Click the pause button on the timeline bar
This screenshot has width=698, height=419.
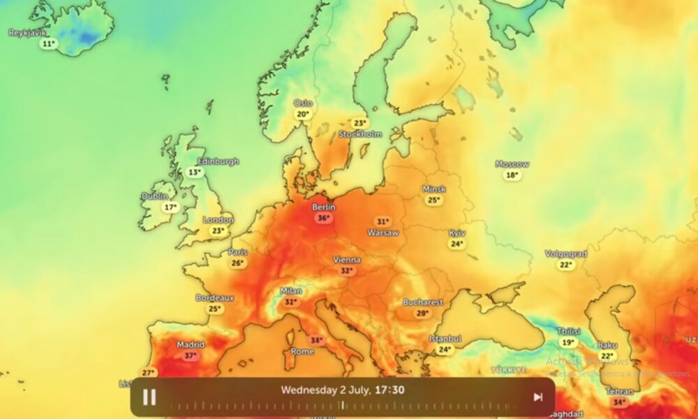coord(149,397)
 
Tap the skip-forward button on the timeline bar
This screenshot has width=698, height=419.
coord(537,397)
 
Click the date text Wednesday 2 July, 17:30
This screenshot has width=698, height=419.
coord(342,390)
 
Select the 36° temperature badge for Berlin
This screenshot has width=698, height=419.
coord(323,218)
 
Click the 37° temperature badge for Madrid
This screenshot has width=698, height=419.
coord(190,355)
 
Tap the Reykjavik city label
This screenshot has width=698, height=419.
coord(27,33)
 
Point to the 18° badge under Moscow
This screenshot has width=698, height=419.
coord(512,175)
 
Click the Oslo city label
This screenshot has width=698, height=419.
coord(303,103)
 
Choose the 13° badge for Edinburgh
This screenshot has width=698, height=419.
coord(195,172)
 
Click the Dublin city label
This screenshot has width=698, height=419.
coord(155,196)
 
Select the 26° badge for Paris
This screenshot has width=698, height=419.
coord(238,263)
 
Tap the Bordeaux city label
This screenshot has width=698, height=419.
coord(214,297)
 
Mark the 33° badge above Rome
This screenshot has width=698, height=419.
coord(317,341)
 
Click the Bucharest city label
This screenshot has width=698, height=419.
coord(422,302)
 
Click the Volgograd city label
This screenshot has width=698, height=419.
coord(565,254)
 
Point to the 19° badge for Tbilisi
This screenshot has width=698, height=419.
coord(568,342)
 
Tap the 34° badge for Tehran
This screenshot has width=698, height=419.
coord(618,402)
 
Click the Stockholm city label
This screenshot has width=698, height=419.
coord(360,133)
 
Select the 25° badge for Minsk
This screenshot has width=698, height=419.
coord(433,200)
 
